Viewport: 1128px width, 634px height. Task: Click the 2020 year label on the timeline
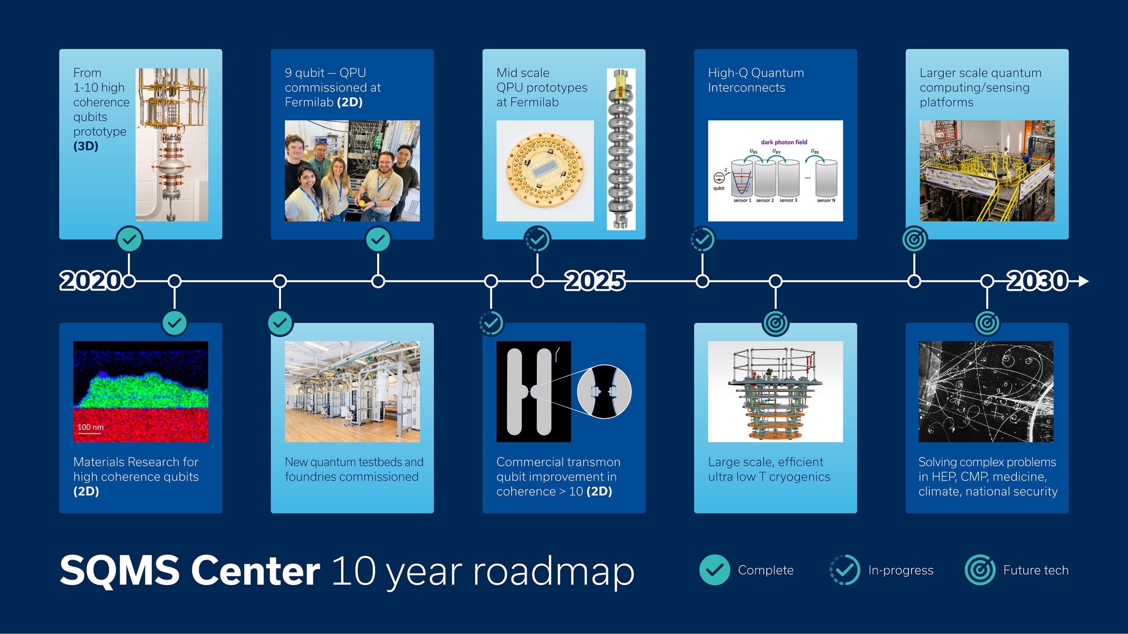coord(91,281)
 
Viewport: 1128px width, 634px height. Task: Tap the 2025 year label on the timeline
coord(595,281)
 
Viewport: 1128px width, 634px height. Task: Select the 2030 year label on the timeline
coord(1038,281)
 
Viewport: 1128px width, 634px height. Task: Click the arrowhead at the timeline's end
coord(1083,281)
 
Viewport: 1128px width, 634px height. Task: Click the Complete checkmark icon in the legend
coord(714,570)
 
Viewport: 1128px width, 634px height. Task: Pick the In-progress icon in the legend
coord(845,570)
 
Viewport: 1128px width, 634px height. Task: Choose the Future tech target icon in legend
coord(980,570)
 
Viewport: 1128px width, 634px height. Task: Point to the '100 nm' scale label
coord(90,427)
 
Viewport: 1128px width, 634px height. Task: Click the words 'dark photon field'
coord(784,142)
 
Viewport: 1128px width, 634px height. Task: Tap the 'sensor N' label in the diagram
coord(826,200)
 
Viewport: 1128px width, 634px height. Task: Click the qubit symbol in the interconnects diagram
coord(719,178)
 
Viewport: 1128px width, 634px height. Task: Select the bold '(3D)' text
coord(86,146)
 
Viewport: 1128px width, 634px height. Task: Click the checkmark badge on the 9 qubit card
coord(378,240)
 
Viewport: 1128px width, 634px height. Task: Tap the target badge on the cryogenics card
coord(775,323)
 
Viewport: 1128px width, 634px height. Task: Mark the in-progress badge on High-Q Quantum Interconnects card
coord(702,240)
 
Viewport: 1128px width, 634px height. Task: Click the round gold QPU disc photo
coord(545,171)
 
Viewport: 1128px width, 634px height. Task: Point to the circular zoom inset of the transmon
coord(604,391)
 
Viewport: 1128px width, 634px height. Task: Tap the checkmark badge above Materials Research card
coord(174,323)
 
